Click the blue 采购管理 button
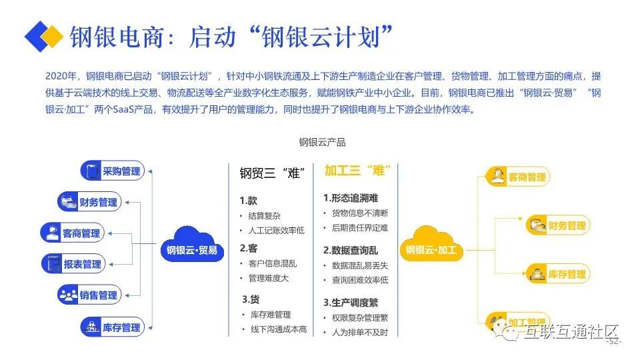point(112,171)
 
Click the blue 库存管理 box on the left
point(112,327)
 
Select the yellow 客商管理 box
point(516,177)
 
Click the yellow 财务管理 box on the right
point(557,225)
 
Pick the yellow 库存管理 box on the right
point(557,273)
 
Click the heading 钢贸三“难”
point(272,173)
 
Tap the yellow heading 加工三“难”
point(357,171)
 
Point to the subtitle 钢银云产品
point(322,142)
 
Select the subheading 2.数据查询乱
point(351,250)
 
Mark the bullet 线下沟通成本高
point(278,329)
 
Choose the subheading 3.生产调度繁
point(351,302)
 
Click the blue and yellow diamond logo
point(43,36)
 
